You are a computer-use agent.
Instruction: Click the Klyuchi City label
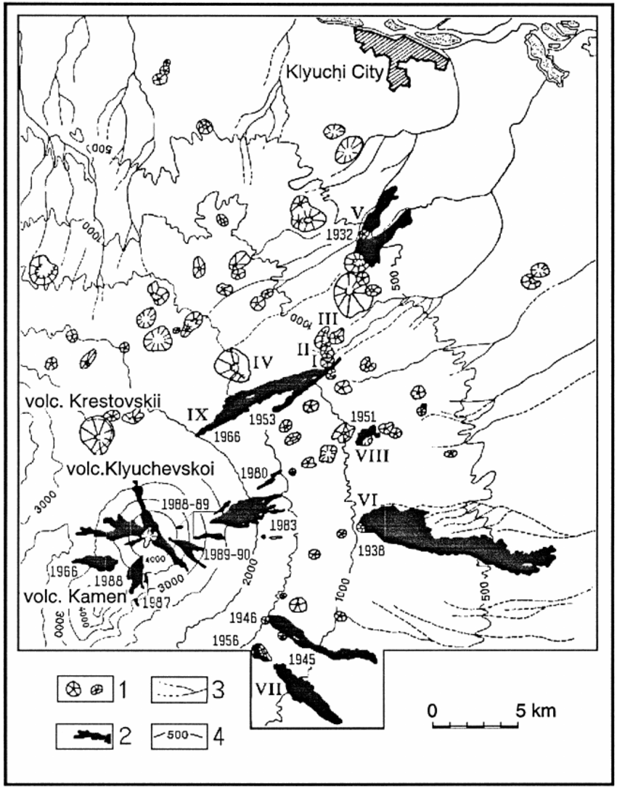click(x=330, y=73)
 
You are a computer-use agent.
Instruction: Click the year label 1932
click(x=340, y=234)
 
